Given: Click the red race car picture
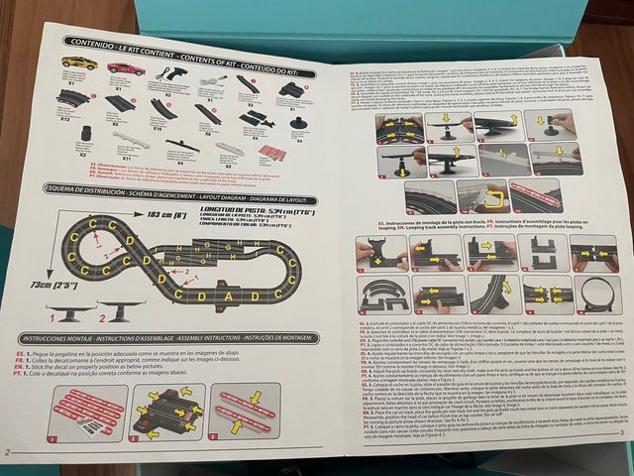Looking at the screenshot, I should [x=126, y=69].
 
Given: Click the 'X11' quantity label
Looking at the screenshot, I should [x=127, y=157].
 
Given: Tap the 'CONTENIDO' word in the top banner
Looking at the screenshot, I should [x=89, y=44].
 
